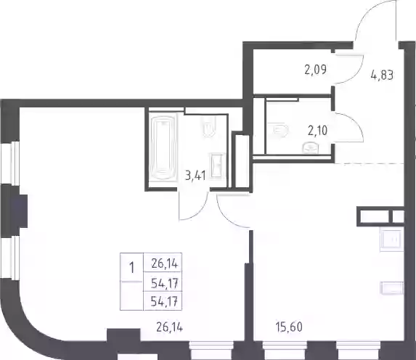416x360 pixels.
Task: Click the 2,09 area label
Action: tap(316, 70)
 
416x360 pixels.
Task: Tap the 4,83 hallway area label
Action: tap(382, 75)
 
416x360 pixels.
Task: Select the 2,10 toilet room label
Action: tap(317, 131)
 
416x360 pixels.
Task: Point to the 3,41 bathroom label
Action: tap(195, 176)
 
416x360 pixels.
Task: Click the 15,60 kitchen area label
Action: tap(289, 327)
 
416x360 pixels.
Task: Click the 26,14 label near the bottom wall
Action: tap(170, 327)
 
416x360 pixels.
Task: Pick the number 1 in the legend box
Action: tap(131, 267)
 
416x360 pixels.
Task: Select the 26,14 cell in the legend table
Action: tap(165, 264)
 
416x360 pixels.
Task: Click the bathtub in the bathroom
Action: tap(163, 147)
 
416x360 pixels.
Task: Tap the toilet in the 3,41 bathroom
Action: tap(209, 127)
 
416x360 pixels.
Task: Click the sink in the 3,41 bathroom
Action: tap(218, 165)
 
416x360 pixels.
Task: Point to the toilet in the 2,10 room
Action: tap(277, 130)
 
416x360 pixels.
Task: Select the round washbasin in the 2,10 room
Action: tap(310, 148)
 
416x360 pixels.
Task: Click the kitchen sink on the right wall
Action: tap(391, 241)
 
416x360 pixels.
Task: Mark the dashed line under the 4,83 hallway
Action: tap(370, 164)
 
